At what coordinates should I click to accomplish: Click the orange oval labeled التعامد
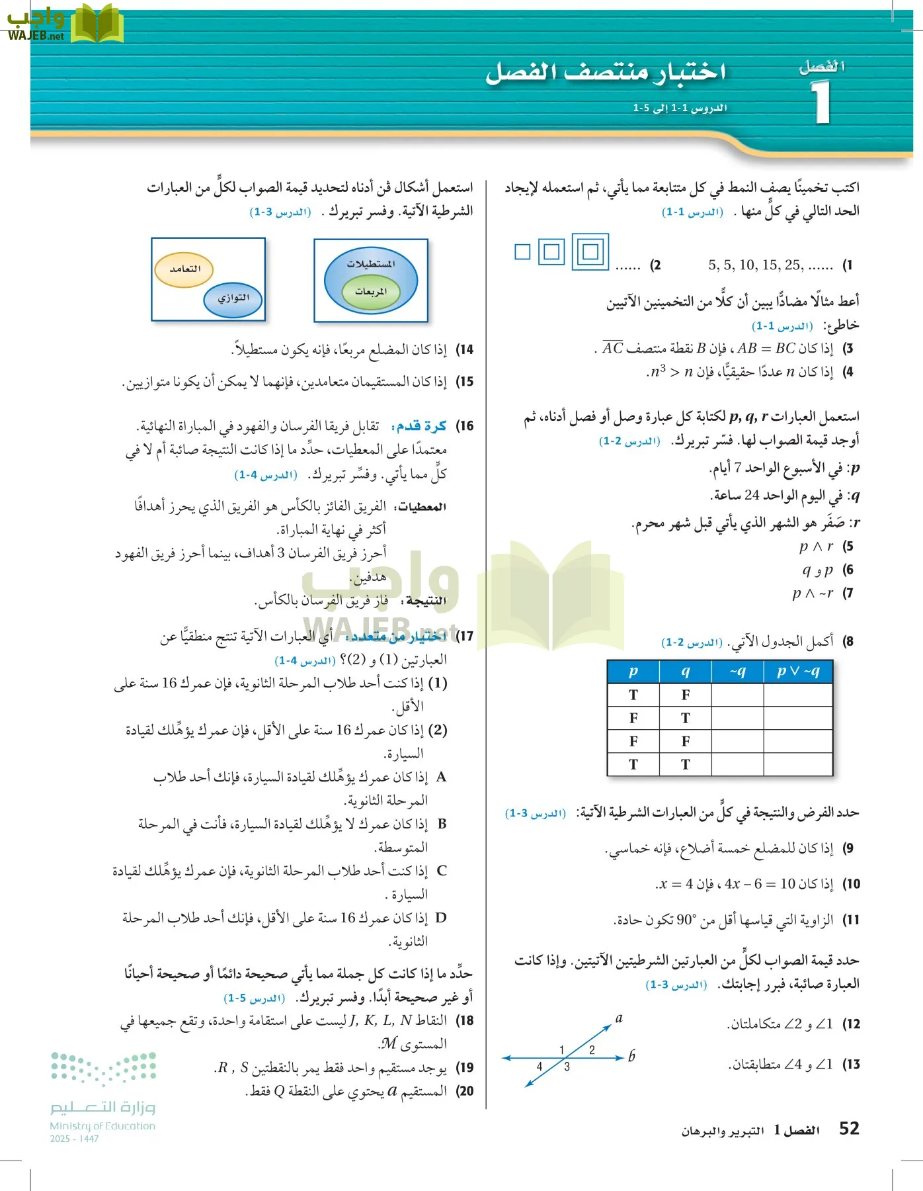(184, 269)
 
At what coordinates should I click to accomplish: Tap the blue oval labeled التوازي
(233, 298)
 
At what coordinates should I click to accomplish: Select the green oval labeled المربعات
(371, 292)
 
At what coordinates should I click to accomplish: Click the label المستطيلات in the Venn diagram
(371, 263)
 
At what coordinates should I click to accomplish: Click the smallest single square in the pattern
(522, 251)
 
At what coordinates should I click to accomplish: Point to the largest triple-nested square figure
(590, 251)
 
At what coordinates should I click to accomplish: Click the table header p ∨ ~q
(798, 672)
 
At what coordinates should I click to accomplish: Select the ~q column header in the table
(737, 672)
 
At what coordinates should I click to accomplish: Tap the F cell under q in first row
(686, 695)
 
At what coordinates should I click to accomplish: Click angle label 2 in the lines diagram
(592, 1050)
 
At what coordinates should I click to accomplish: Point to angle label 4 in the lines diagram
(540, 1067)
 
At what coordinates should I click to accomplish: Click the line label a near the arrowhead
(619, 1018)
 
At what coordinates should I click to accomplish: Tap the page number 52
(849, 1129)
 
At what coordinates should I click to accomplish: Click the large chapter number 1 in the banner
(821, 103)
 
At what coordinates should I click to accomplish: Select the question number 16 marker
(465, 425)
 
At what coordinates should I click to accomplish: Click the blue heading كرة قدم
(421, 425)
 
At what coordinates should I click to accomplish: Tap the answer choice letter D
(441, 918)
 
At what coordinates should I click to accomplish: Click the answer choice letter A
(441, 777)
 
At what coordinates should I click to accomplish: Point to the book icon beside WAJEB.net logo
(97, 24)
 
